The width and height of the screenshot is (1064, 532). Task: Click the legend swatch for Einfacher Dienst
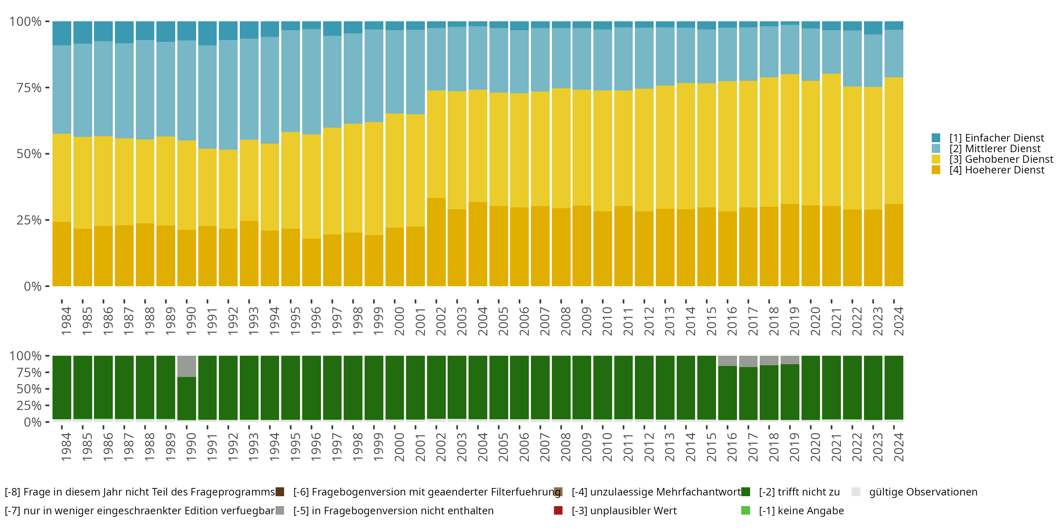pyautogui.click(x=936, y=138)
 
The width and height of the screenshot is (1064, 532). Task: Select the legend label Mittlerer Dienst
pyautogui.click(x=994, y=148)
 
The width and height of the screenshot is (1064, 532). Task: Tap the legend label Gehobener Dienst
pyautogui.click(x=1001, y=159)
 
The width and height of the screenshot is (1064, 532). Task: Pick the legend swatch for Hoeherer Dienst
pyautogui.click(x=936, y=170)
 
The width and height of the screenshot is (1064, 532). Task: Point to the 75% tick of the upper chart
pyautogui.click(x=29, y=88)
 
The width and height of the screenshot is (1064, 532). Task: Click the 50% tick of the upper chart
pyautogui.click(x=29, y=154)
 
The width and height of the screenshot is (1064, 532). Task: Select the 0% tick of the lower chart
pyautogui.click(x=33, y=422)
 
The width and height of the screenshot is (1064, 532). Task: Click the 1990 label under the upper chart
pyautogui.click(x=191, y=321)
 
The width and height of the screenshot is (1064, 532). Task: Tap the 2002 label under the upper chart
pyautogui.click(x=440, y=321)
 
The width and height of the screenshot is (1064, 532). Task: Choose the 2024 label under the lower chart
pyautogui.click(x=898, y=447)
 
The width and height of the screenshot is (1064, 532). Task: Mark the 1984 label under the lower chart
pyautogui.click(x=66, y=447)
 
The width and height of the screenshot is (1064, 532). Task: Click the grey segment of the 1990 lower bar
pyautogui.click(x=187, y=366)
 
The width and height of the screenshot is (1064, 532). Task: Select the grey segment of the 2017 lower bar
pyautogui.click(x=748, y=361)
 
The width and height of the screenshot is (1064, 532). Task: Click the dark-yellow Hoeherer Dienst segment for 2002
pyautogui.click(x=436, y=242)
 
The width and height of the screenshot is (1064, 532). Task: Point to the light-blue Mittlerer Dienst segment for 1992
pyautogui.click(x=228, y=95)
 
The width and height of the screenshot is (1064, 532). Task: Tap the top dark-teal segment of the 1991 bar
pyautogui.click(x=207, y=33)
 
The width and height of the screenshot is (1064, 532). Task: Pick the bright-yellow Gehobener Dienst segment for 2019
pyautogui.click(x=790, y=139)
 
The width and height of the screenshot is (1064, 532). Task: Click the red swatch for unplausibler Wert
pyautogui.click(x=558, y=510)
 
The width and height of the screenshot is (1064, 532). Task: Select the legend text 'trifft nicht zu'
pyautogui.click(x=799, y=492)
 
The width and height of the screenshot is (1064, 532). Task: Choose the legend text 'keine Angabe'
pyautogui.click(x=801, y=510)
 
